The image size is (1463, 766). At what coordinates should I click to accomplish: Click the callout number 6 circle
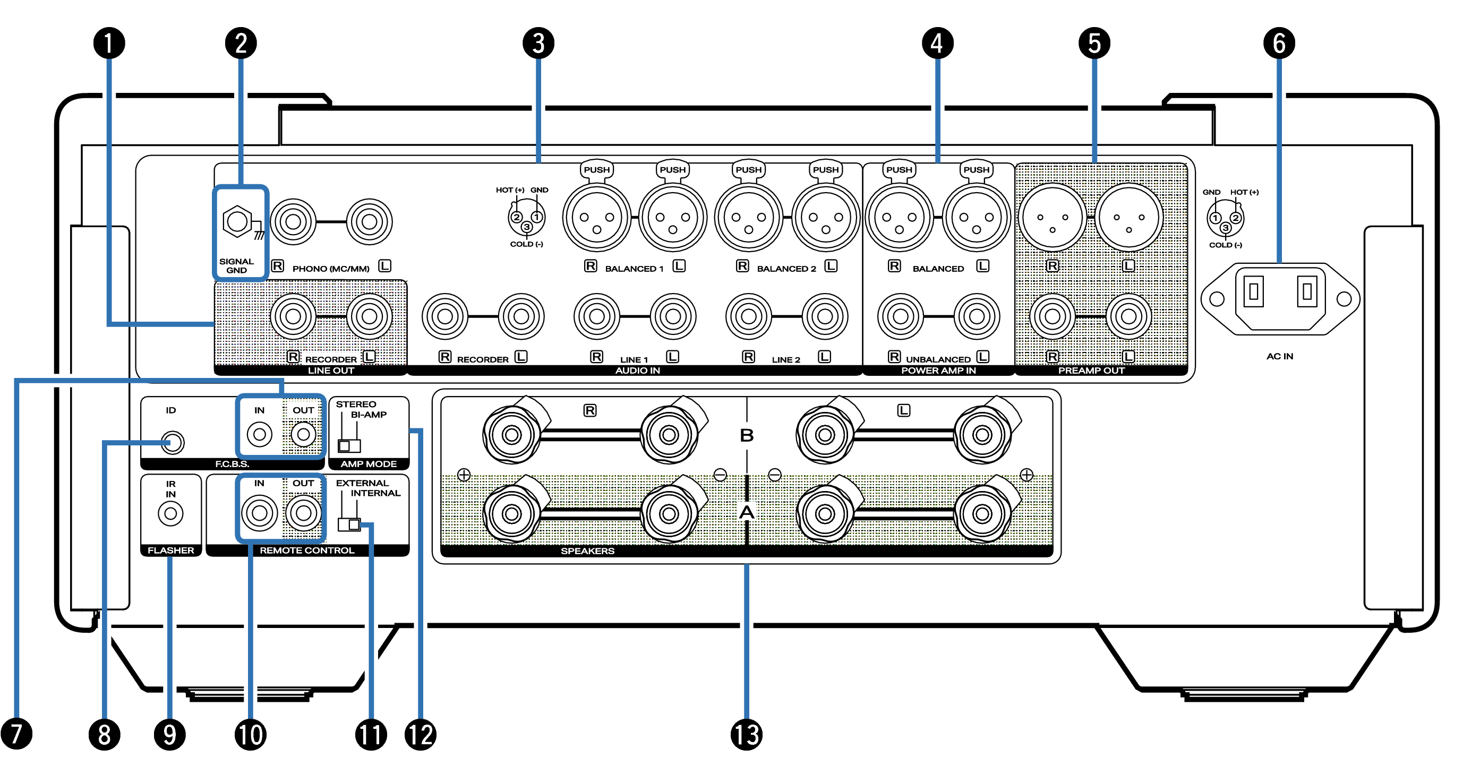pyautogui.click(x=1278, y=43)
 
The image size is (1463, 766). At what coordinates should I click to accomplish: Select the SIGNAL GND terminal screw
pyautogui.click(x=237, y=221)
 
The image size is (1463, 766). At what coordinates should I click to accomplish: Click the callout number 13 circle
pyautogui.click(x=746, y=734)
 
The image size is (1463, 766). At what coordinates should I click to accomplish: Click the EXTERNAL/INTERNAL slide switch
pyautogui.click(x=349, y=523)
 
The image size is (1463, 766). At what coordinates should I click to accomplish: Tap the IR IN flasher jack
pyautogui.click(x=170, y=513)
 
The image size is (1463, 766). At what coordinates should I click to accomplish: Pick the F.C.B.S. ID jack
pyautogui.click(x=172, y=442)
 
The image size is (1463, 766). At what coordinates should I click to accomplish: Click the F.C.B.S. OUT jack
pyautogui.click(x=303, y=434)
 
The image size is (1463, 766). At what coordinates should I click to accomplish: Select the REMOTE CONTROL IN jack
pyautogui.click(x=260, y=513)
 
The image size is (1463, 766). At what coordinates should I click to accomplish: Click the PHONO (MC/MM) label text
pyautogui.click(x=330, y=269)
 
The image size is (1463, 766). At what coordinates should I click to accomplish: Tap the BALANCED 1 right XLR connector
pyautogui.click(x=596, y=218)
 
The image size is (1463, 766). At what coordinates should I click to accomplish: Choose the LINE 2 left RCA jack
pyautogui.click(x=825, y=316)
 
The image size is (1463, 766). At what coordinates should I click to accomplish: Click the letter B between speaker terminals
pyautogui.click(x=746, y=435)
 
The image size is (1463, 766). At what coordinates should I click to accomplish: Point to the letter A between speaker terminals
pyautogui.click(x=746, y=512)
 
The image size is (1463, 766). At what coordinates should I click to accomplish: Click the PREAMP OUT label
pyautogui.click(x=1090, y=370)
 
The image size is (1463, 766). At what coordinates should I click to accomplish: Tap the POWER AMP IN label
pyautogui.click(x=938, y=370)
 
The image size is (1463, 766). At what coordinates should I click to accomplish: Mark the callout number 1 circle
pyautogui.click(x=109, y=43)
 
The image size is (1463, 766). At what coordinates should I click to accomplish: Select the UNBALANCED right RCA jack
pyautogui.click(x=900, y=316)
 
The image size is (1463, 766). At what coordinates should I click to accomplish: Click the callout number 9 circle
pyautogui.click(x=170, y=734)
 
